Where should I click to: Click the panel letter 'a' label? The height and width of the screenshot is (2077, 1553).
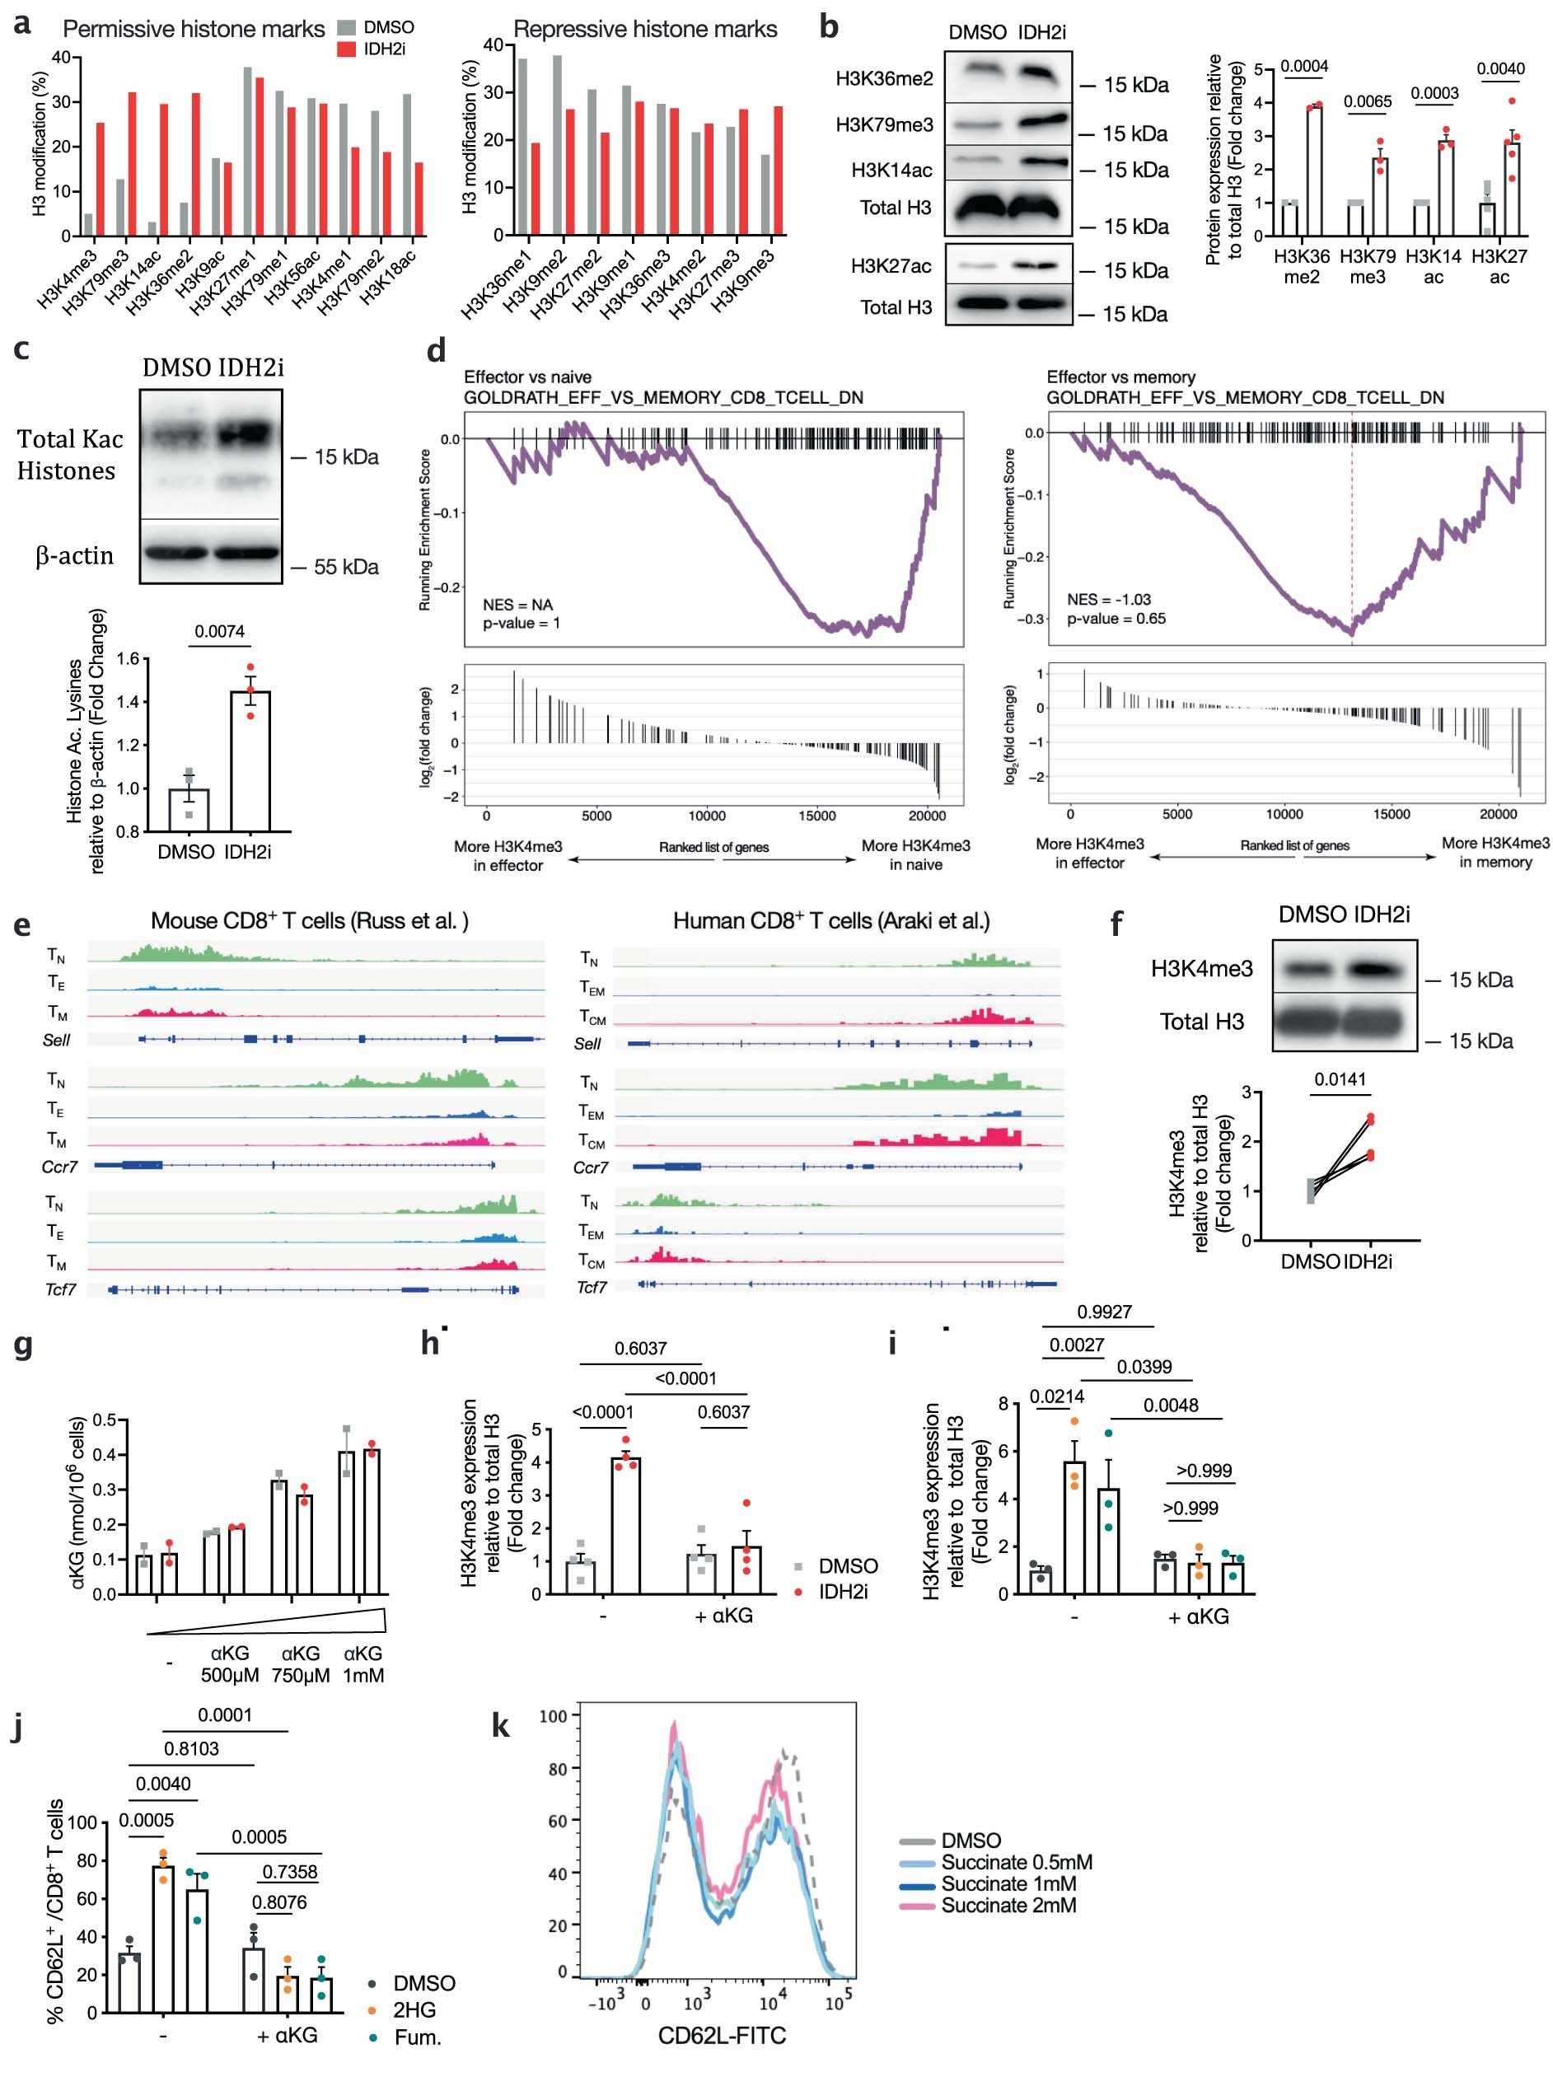point(21,22)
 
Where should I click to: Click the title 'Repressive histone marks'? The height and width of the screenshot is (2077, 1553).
point(645,29)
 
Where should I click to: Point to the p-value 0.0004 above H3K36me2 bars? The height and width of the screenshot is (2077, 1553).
point(1304,66)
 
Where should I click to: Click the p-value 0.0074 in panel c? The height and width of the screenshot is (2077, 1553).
point(219,631)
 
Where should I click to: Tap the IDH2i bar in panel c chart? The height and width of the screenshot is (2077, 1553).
point(250,760)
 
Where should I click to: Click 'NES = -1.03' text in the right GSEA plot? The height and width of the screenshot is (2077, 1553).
point(1108,599)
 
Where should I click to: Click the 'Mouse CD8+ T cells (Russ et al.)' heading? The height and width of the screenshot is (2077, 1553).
point(310,920)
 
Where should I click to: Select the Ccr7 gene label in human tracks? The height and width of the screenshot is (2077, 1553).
point(591,1167)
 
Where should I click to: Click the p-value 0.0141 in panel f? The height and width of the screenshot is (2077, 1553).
point(1340,1079)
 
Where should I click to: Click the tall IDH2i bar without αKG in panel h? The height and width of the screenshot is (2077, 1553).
point(625,1525)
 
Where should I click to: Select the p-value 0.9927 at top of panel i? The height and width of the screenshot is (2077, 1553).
point(1104,1312)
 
